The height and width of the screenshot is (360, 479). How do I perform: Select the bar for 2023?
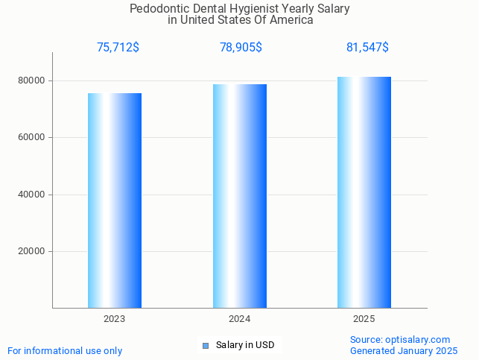pyautogui.click(x=115, y=200)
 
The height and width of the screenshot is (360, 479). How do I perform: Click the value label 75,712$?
pyautogui.click(x=118, y=48)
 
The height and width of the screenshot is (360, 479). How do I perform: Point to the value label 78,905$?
pyautogui.click(x=241, y=48)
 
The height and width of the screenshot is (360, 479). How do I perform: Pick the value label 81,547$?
pyautogui.click(x=367, y=48)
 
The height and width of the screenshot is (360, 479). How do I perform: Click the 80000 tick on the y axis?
pyautogui.click(x=31, y=80)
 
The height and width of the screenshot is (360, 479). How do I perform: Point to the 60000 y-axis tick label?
pyautogui.click(x=31, y=137)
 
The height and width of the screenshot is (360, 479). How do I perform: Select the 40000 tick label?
pyautogui.click(x=31, y=195)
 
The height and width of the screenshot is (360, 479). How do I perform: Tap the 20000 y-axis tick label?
pyautogui.click(x=31, y=251)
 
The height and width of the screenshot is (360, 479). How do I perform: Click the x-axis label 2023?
pyautogui.click(x=115, y=319)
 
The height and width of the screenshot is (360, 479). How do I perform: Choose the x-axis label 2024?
pyautogui.click(x=240, y=319)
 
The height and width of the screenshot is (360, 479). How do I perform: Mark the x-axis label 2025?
pyautogui.click(x=364, y=319)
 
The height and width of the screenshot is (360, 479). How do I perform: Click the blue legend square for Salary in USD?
pyautogui.click(x=206, y=345)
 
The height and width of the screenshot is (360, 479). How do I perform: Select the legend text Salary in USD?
pyautogui.click(x=245, y=345)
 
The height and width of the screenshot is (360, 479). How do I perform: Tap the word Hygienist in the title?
pyautogui.click(x=256, y=9)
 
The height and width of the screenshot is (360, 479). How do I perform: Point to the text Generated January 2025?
pyautogui.click(x=404, y=350)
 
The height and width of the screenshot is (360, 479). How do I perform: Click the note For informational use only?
pyautogui.click(x=65, y=350)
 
